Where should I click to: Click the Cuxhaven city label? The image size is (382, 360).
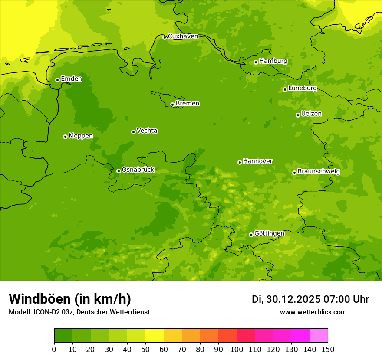183,36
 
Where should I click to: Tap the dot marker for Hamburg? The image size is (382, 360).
256,62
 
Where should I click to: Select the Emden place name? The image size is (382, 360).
71,79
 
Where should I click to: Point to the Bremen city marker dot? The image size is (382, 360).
172,105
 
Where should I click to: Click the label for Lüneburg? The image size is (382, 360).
302,88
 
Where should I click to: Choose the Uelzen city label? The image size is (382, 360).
311,114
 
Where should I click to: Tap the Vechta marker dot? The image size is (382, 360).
133,132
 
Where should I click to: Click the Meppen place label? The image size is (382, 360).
81,136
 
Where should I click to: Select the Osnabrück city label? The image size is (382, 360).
138,170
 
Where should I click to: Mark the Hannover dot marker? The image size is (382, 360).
240,162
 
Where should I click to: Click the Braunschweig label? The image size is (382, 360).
319,171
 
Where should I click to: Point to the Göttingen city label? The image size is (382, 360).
269,233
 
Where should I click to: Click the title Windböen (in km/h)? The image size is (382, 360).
70,299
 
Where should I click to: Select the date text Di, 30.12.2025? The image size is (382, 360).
286,299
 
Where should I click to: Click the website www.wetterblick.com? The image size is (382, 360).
313,312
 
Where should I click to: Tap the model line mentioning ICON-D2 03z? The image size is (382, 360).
79,312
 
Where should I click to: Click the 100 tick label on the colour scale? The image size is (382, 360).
237,350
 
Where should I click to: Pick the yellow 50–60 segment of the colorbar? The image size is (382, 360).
155,336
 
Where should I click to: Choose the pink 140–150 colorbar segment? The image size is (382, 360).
319,336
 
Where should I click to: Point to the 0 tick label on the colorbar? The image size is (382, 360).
54,350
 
